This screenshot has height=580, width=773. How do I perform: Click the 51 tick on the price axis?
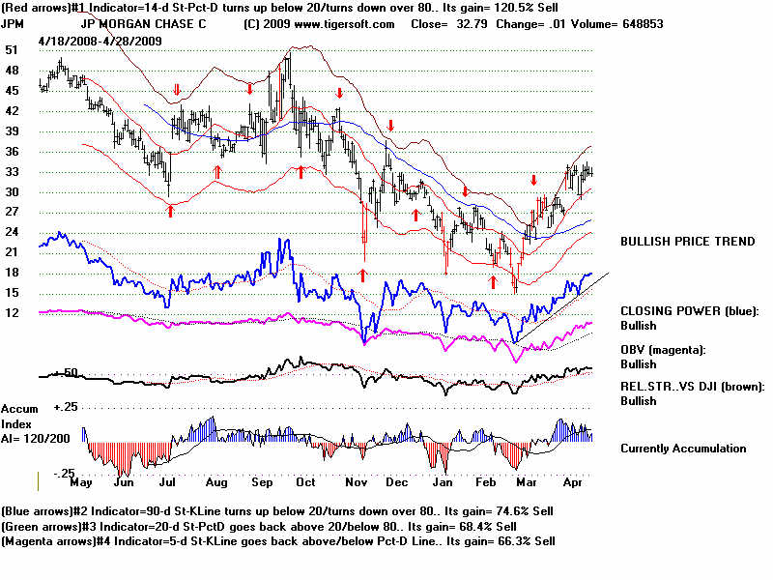tap(12, 49)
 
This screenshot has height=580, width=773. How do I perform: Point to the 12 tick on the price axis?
tap(12, 313)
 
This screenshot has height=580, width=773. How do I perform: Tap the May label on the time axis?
tap(82, 481)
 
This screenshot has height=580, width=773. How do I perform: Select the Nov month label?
tap(357, 481)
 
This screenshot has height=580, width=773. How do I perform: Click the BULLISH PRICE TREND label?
tap(687, 241)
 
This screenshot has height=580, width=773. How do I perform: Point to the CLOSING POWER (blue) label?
tap(689, 310)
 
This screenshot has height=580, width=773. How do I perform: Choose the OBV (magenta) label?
tap(663, 349)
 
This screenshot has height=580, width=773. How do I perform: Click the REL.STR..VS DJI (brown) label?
tap(692, 386)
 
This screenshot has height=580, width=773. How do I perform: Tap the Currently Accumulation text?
tap(682, 449)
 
